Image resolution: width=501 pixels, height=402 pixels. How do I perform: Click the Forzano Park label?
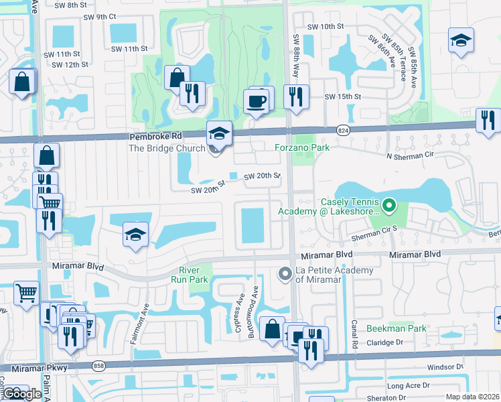pos(302,147)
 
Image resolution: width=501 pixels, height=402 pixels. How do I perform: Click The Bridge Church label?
pos(167,148)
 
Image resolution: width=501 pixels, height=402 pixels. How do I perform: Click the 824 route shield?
pos(343,128)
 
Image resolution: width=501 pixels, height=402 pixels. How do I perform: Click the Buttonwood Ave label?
pos(255,303)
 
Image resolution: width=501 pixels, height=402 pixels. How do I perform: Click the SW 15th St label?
pos(342,97)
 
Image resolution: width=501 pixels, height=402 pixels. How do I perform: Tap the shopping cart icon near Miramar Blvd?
pos(25,292)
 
